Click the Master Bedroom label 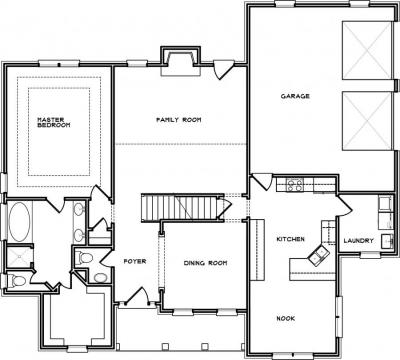coord(54,122)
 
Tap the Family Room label coord(179,120)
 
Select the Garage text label coord(295,96)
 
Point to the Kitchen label coord(290,239)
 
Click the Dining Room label coord(205,263)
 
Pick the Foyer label coord(135,261)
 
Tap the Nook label coord(286,318)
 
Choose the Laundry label coord(358,240)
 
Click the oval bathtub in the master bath coord(19,222)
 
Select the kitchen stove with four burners coord(295,185)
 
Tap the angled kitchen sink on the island coord(318,255)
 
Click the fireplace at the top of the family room coord(181,61)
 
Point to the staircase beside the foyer coord(183,208)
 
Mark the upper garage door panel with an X coord(367,51)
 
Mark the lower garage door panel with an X coord(367,121)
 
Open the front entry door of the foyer coord(138,296)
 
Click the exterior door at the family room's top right coord(223,69)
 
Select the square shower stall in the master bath coord(19,257)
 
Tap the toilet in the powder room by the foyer coord(83,257)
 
